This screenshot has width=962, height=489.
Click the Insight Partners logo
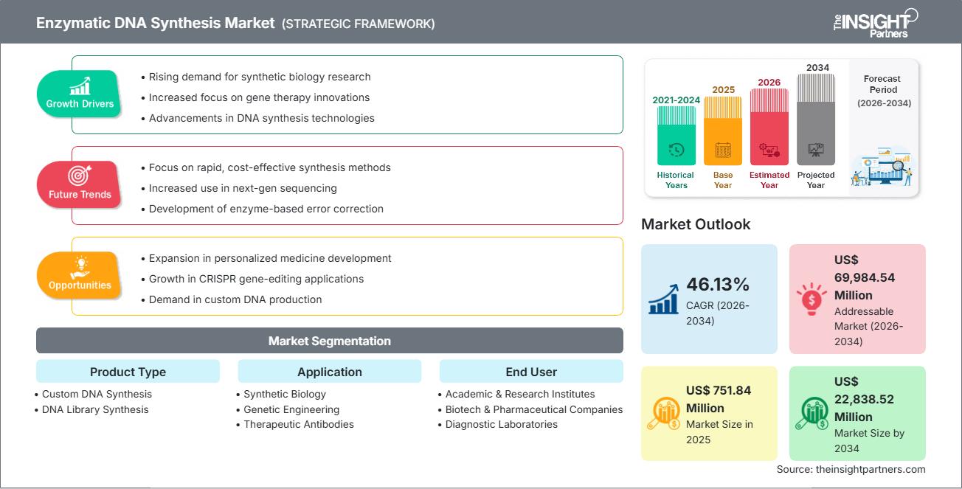[x=875, y=22]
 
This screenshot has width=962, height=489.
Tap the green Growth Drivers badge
[x=80, y=94]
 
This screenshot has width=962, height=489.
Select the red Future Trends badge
[x=80, y=185]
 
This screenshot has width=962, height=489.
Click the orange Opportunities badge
[x=80, y=276]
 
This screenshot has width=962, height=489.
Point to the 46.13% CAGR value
[x=717, y=285]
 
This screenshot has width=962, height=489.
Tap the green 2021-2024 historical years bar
[x=676, y=137]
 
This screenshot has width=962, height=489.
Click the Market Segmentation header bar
[x=329, y=341]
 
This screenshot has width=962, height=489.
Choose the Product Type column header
[x=128, y=372]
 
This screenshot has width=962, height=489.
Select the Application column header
[x=329, y=372]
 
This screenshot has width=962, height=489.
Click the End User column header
[x=531, y=372]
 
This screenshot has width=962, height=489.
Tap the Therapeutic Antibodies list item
[x=299, y=424]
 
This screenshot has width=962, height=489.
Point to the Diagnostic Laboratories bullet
[x=502, y=424]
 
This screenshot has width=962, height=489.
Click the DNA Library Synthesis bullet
[x=95, y=409]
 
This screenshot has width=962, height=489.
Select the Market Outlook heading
[x=696, y=224]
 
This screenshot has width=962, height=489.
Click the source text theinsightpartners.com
[x=851, y=469]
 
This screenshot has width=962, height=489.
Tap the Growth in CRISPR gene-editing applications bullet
[x=256, y=279]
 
